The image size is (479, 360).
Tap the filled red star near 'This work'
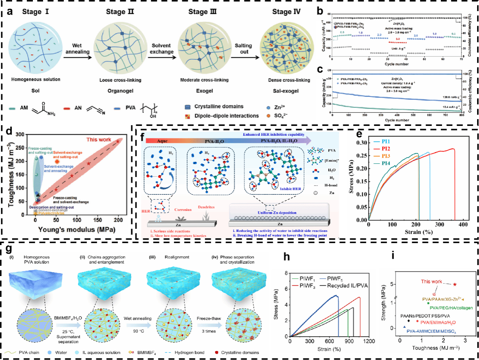tap(455, 284)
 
